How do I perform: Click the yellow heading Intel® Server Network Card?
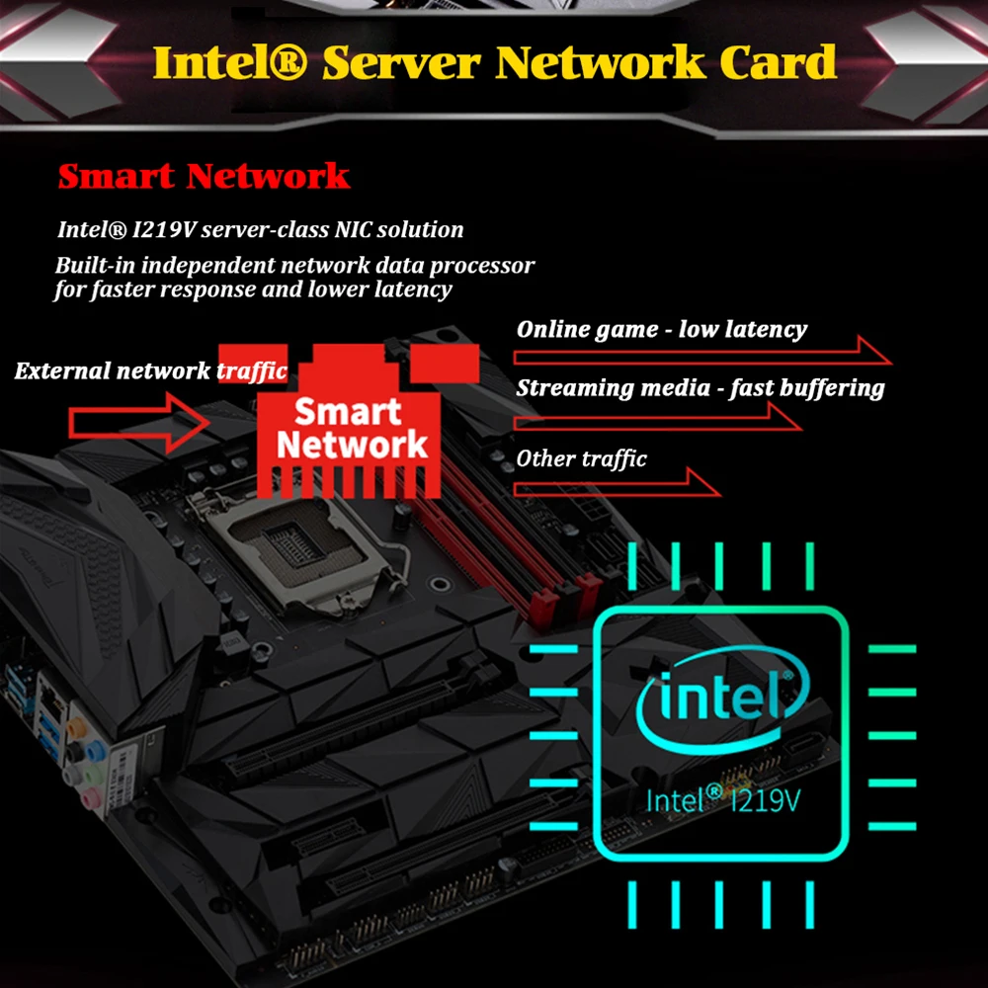[494, 63]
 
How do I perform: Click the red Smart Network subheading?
[204, 176]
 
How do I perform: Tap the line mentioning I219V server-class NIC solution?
[260, 229]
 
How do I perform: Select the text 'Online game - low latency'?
[661, 329]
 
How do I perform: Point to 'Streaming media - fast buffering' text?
[700, 387]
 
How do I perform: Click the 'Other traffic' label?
[581, 458]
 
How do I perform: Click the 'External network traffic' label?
[150, 371]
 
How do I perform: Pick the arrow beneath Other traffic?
[617, 483]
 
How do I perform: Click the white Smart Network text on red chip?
[349, 428]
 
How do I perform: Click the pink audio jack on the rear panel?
[91, 795]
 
